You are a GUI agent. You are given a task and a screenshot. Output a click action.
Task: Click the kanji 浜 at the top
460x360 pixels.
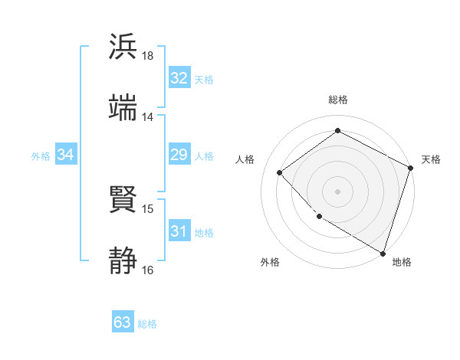(x=123, y=47)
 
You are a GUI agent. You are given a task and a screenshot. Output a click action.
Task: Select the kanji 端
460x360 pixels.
(x=123, y=107)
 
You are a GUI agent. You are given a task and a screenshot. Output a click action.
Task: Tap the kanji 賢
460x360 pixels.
(x=123, y=199)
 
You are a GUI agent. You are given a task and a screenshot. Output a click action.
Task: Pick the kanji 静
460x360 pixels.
(x=123, y=260)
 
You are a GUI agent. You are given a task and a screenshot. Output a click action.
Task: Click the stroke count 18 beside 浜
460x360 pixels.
(x=148, y=56)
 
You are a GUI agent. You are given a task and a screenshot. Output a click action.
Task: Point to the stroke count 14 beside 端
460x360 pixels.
(x=148, y=117)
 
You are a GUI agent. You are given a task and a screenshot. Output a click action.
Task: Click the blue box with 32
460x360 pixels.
(x=179, y=78)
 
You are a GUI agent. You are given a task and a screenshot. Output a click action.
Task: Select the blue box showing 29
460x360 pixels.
(x=179, y=155)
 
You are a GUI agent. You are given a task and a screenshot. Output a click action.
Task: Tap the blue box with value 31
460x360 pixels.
(x=179, y=231)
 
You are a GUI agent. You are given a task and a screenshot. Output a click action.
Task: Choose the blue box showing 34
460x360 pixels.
(x=66, y=155)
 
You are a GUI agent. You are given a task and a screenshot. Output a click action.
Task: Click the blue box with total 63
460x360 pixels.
(x=123, y=322)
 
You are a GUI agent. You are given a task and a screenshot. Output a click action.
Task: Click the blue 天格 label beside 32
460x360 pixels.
(x=204, y=79)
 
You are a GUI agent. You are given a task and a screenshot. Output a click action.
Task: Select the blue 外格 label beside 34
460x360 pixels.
(x=41, y=155)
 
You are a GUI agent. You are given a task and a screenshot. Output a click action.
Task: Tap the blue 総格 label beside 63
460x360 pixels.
(x=147, y=323)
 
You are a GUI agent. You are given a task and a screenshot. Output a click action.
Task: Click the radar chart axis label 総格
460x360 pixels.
(x=338, y=100)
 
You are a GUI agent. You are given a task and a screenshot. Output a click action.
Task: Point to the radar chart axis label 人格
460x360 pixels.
(x=245, y=159)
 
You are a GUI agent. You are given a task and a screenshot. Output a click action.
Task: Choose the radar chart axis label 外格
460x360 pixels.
(x=269, y=263)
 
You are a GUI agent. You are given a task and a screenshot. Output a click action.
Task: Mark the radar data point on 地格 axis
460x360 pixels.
(x=383, y=252)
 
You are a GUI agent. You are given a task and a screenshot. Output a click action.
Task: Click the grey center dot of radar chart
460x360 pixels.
(x=337, y=191)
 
